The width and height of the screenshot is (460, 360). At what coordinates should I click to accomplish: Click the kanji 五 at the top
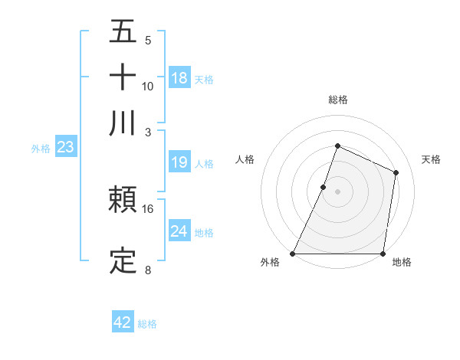(x=123, y=32)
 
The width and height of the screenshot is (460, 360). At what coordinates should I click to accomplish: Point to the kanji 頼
(x=123, y=201)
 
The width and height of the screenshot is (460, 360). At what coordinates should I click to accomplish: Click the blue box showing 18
(x=179, y=78)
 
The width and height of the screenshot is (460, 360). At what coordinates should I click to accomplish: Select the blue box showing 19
(x=179, y=162)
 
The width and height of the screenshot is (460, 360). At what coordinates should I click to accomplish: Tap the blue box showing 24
(x=179, y=231)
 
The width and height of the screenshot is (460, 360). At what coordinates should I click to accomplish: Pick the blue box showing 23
(x=65, y=148)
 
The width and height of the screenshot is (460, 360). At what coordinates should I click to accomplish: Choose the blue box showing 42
(x=123, y=322)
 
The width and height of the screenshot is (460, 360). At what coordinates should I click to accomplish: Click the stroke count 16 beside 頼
(x=148, y=208)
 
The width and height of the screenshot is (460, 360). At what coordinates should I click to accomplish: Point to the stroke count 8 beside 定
(x=148, y=269)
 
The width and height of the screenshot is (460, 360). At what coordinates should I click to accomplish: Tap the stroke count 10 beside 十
(x=148, y=86)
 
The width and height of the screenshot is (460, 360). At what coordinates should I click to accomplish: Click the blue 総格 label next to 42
(x=147, y=324)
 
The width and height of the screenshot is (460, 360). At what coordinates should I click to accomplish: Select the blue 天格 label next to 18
(x=204, y=80)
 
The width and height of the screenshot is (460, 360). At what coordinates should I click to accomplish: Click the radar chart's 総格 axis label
(x=337, y=100)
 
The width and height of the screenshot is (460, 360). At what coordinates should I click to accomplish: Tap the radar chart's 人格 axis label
(x=245, y=159)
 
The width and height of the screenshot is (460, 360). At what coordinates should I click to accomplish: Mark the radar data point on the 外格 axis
(x=293, y=254)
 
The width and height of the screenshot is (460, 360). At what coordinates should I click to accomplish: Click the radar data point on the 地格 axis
(x=383, y=254)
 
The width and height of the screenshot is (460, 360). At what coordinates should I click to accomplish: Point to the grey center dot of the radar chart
(x=337, y=191)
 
